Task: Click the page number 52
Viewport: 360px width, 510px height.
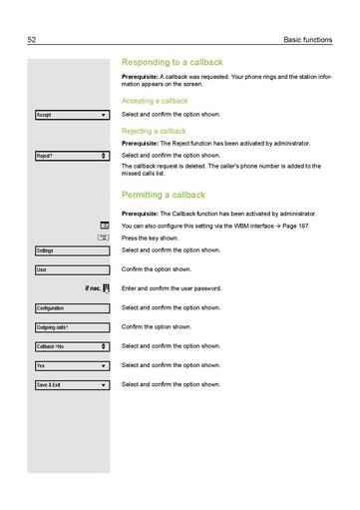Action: coord(32,39)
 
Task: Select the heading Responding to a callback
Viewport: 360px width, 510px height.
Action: coord(173,62)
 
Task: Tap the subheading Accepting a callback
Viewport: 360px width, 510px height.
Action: coord(155,101)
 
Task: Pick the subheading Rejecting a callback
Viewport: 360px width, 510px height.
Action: coord(154,131)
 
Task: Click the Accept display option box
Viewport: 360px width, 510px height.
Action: coord(71,116)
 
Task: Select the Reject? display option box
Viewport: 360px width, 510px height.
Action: coord(71,156)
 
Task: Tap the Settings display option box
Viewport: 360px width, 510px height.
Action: coord(71,250)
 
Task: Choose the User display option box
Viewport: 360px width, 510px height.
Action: coord(71,269)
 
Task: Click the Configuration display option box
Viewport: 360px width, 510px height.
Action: coord(71,308)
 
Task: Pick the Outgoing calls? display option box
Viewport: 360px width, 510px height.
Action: coord(71,327)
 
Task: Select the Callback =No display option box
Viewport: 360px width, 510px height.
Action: coord(71,346)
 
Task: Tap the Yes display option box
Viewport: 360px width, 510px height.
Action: coord(71,365)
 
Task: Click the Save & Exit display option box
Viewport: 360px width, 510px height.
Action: coord(71,385)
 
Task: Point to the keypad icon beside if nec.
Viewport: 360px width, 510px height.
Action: coord(105,288)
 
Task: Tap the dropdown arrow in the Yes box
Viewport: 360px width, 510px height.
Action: coord(104,366)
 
